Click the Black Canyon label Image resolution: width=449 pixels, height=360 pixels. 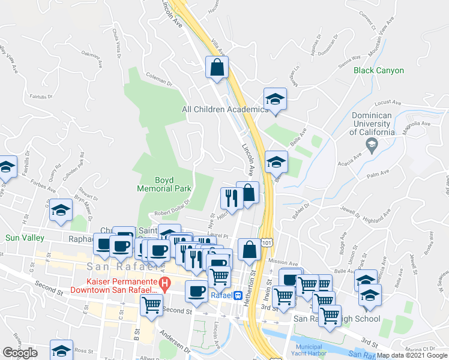click(x=378, y=70)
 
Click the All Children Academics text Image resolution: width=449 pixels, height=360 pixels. click(x=225, y=109)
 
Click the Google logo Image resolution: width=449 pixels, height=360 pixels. click(x=20, y=353)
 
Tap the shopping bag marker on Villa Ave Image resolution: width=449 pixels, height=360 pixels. click(x=217, y=68)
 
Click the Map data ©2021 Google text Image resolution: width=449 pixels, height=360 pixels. click(x=411, y=355)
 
